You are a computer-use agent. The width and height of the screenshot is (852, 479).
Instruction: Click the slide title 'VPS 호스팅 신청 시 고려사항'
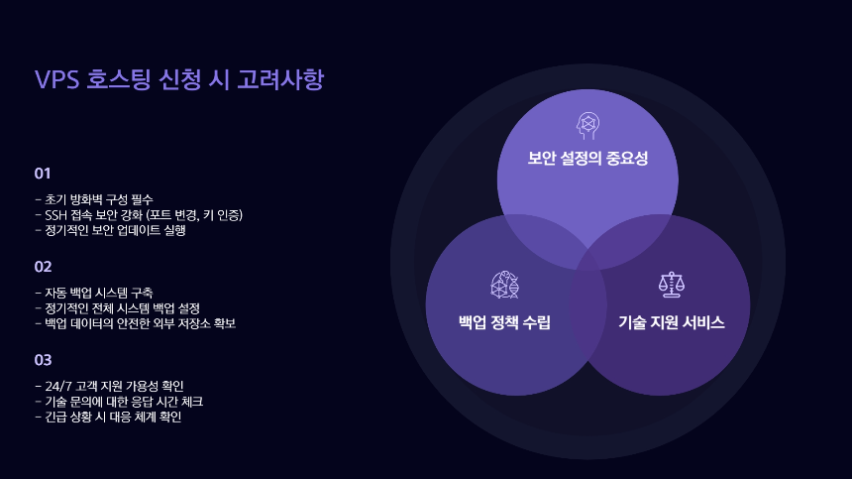(178, 80)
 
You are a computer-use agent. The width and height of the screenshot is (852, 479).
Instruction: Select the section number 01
(43, 174)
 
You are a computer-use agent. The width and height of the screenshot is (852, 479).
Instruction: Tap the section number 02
(43, 267)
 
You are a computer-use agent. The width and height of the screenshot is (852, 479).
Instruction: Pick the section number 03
(43, 360)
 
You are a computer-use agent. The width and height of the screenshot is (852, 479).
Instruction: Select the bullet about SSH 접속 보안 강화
(139, 214)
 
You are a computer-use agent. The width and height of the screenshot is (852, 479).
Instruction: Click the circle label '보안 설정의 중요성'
(587, 158)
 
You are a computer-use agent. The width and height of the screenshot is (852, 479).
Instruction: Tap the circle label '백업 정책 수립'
(504, 322)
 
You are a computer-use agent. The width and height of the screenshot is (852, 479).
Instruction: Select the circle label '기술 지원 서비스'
(672, 322)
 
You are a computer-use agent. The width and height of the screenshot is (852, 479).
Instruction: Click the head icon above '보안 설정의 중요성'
(587, 124)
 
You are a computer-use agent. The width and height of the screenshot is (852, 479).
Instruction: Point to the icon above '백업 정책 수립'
(504, 286)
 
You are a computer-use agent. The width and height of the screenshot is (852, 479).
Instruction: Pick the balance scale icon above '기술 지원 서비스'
(672, 286)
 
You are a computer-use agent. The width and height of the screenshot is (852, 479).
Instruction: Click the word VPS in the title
(57, 80)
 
